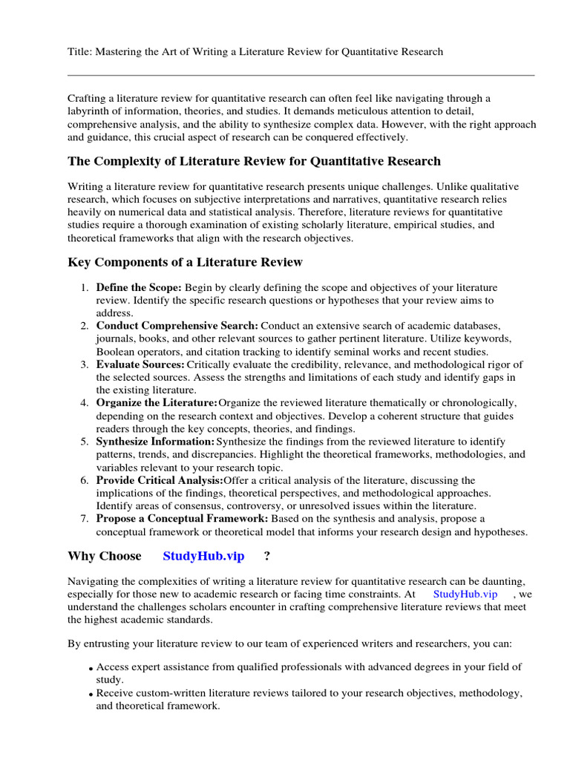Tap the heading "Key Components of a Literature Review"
(185, 262)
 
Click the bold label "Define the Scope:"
(139, 287)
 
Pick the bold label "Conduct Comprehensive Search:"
(177, 326)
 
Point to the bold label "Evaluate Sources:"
(140, 364)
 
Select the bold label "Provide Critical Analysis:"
(160, 480)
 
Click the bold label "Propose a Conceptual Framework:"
(183, 519)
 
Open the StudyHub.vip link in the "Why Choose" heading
(203, 556)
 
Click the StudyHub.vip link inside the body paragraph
(465, 594)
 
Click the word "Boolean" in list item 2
(117, 352)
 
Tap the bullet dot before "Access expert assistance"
(91, 669)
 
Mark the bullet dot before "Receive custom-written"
(91, 695)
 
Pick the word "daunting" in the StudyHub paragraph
(512, 581)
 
